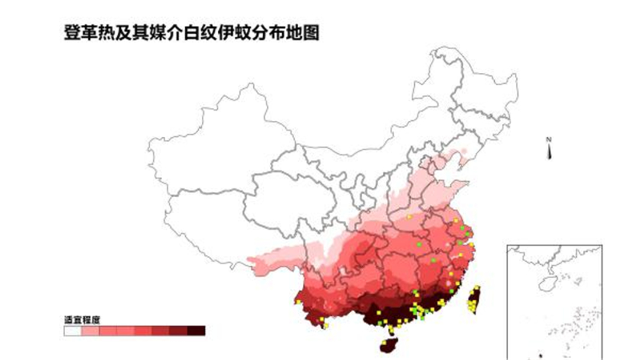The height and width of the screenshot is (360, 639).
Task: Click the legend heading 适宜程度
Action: (x=82, y=319)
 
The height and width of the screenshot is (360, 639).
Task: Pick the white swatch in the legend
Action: (x=72, y=330)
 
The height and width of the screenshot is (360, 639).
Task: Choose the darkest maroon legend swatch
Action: (x=196, y=330)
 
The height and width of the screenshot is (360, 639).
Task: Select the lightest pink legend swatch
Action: (x=90, y=330)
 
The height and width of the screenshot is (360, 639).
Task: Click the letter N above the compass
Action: (x=549, y=140)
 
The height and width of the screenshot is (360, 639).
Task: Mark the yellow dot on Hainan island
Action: (x=384, y=343)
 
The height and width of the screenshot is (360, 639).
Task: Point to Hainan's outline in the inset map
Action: (x=547, y=282)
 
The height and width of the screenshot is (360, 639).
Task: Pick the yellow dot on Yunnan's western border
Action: (x=298, y=302)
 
